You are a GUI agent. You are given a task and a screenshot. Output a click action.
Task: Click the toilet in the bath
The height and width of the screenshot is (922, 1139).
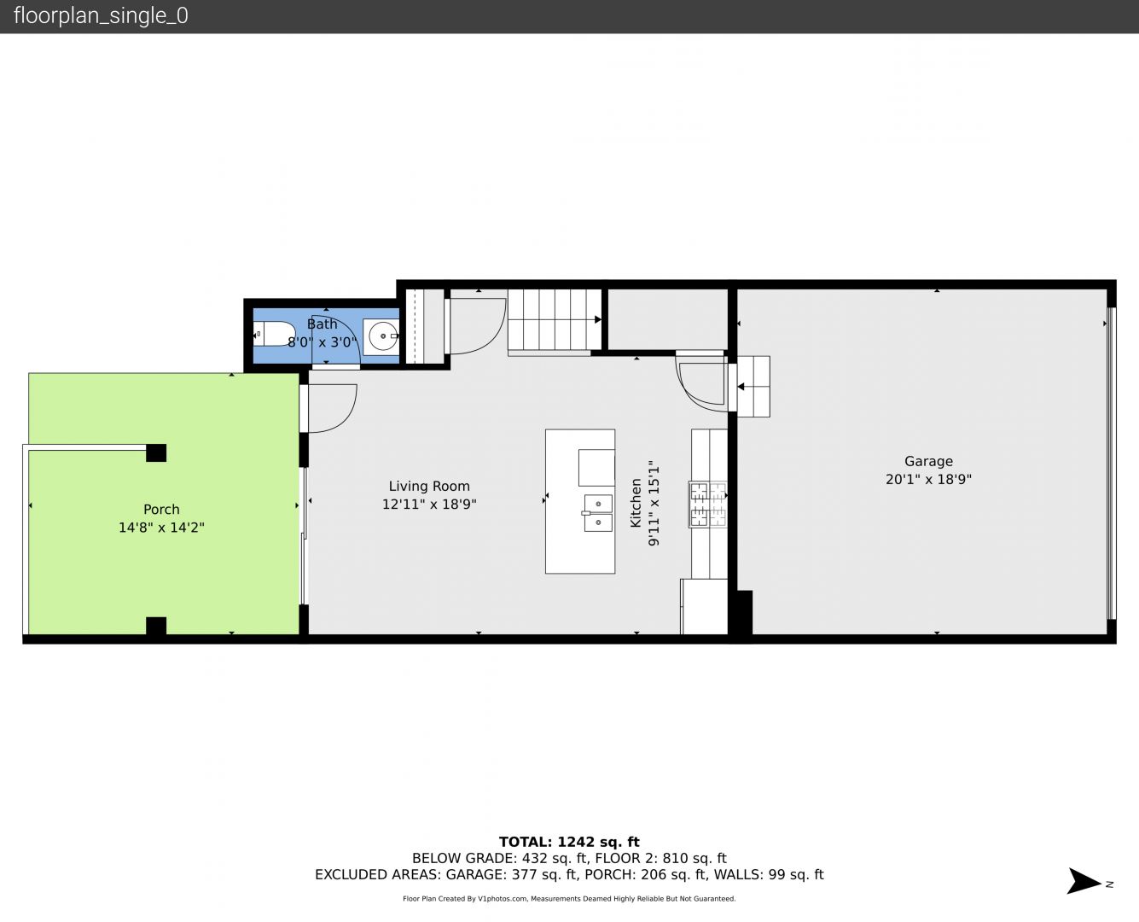[273, 334]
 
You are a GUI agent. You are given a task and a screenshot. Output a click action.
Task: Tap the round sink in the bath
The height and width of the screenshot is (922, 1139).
[383, 336]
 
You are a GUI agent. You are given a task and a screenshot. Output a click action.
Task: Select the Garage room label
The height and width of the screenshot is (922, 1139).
[928, 461]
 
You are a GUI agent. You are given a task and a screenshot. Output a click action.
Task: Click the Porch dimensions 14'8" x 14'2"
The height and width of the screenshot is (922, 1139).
[161, 528]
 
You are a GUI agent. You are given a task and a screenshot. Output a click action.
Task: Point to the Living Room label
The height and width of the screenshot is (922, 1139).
[429, 487]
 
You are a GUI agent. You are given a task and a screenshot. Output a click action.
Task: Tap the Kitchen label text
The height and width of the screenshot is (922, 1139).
[636, 503]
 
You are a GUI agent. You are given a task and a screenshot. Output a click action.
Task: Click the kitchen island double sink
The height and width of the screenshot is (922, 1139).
[598, 513]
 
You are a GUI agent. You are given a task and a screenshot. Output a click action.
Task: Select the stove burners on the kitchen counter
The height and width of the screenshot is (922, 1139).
[707, 505]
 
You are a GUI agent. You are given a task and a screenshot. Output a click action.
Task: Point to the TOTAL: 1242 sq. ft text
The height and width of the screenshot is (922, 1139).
[569, 843]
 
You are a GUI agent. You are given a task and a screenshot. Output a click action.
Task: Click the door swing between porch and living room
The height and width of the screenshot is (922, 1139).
[333, 408]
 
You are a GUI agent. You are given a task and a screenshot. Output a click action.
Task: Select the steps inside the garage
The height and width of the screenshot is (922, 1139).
[753, 387]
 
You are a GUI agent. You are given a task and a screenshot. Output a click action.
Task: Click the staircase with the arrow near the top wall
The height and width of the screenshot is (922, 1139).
[555, 319]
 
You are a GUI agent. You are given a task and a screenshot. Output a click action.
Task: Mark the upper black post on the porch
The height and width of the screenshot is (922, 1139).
[156, 452]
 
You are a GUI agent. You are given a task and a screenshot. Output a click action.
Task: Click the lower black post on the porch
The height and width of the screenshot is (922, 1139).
[156, 626]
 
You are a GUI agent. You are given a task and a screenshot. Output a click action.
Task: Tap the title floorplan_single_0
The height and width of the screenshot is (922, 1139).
[101, 16]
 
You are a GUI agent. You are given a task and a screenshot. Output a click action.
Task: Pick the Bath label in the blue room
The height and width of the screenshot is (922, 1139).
[322, 324]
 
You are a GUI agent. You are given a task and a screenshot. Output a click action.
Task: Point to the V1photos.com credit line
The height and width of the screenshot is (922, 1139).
[569, 899]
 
